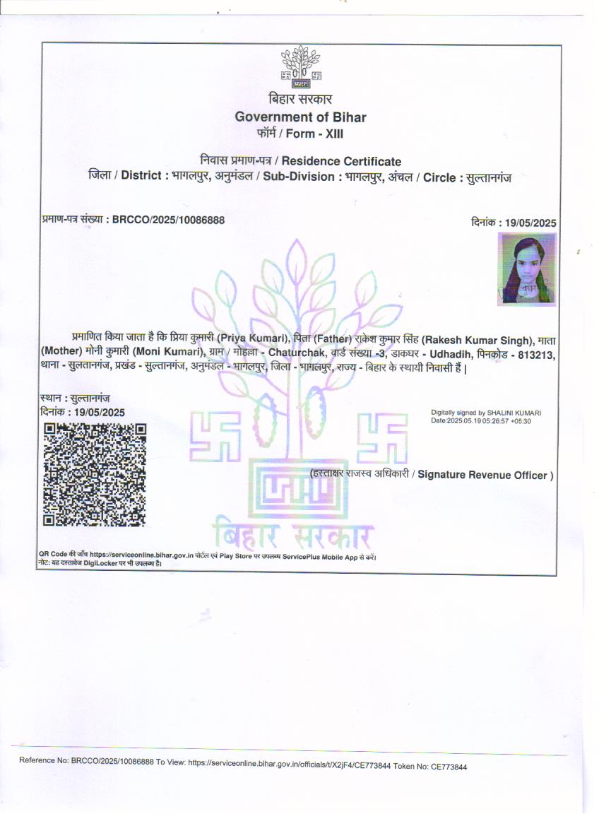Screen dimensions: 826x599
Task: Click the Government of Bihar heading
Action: click(x=300, y=117)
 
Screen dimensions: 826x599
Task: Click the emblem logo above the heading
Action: click(x=301, y=68)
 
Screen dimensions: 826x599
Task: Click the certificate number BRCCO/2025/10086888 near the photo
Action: click(x=169, y=220)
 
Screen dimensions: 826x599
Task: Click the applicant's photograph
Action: click(x=528, y=269)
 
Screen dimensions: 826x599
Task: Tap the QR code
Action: click(x=95, y=474)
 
